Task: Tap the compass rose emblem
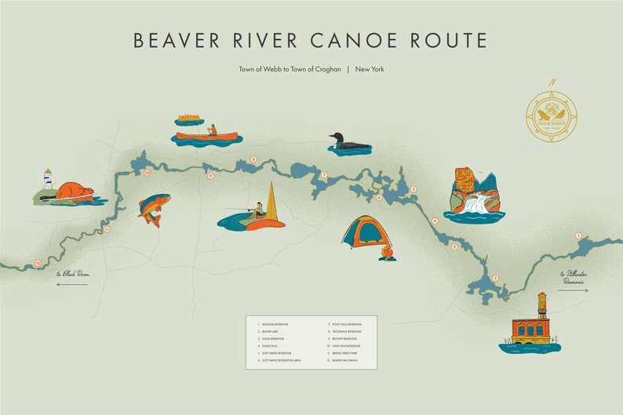[552, 118]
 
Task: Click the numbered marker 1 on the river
[578, 235]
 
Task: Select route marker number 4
[435, 220]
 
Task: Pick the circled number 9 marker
[210, 176]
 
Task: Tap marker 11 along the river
[107, 229]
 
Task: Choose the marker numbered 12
[38, 264]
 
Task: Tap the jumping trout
[154, 209]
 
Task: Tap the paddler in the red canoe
[211, 130]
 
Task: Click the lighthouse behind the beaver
[48, 180]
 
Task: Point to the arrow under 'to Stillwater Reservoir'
[572, 290]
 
